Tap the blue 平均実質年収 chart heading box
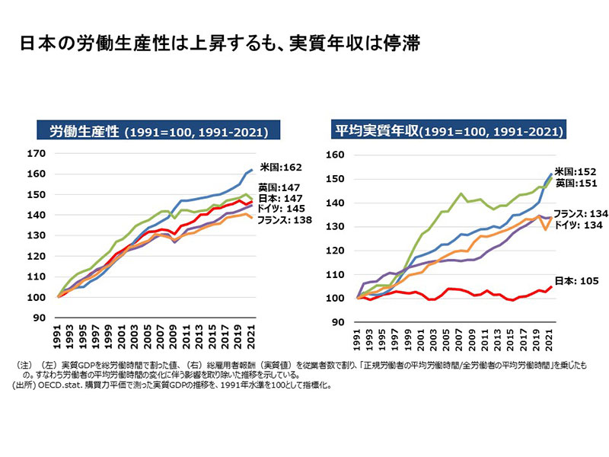pyautogui.click(x=448, y=131)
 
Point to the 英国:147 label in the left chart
pyautogui.click(x=277, y=187)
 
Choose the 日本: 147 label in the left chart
pyautogui.click(x=277, y=197)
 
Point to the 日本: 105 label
pyautogui.click(x=575, y=281)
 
